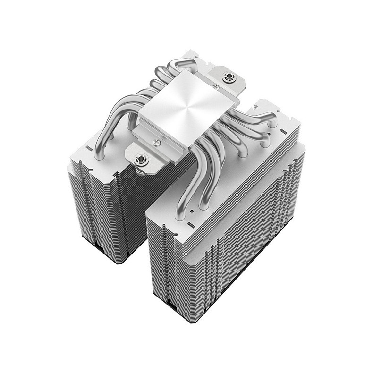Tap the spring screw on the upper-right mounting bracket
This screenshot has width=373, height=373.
229,76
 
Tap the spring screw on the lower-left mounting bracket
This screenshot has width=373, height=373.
141,159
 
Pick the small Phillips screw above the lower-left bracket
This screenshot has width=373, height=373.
156,141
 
